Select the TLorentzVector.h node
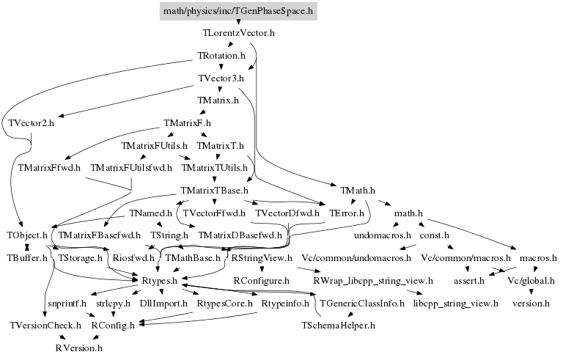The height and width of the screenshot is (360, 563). pos(238,33)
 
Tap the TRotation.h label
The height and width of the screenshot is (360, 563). pos(221,56)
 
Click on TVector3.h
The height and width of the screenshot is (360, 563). pos(221,78)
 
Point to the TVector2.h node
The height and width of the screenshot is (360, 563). pos(33,122)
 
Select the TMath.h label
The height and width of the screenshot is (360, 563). pos(358,191)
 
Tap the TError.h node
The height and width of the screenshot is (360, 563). pos(347,213)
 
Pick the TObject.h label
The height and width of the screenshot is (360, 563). pos(27,235)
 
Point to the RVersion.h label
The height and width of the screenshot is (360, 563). pos(79,348)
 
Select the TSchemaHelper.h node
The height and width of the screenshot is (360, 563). pos(339,325)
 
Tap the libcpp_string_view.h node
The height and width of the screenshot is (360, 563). pos(456,302)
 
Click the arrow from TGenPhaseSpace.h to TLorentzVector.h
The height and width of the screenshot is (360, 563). pos(238,23)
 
